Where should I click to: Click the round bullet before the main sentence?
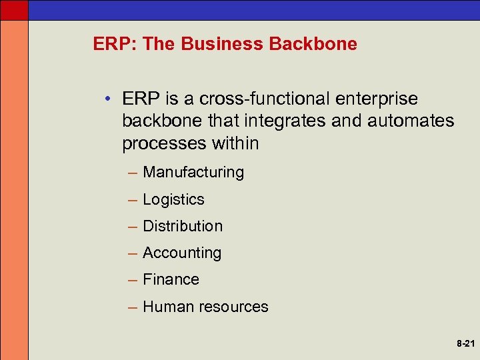pos(108,99)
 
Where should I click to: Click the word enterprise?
pos(377,99)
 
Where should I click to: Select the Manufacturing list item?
pos(193,172)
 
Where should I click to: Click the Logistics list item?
pos(173,199)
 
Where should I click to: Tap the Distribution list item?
pos(183,226)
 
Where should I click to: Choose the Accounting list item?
pos(182,253)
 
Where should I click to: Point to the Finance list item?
pos(171,279)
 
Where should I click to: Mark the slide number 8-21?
pos(465,345)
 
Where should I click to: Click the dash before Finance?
pos(131,280)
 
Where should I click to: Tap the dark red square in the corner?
pos(14,9)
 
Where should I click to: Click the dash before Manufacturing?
pos(131,173)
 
